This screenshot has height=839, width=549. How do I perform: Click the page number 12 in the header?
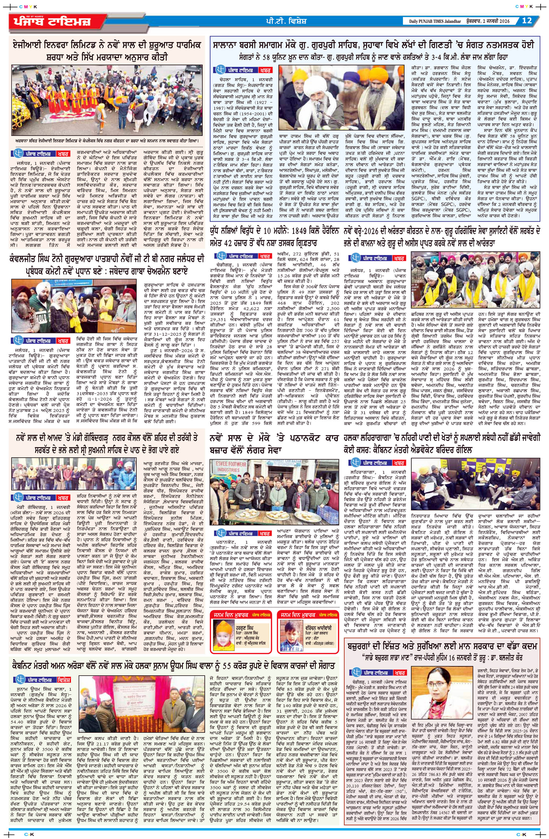(x=527, y=21)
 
